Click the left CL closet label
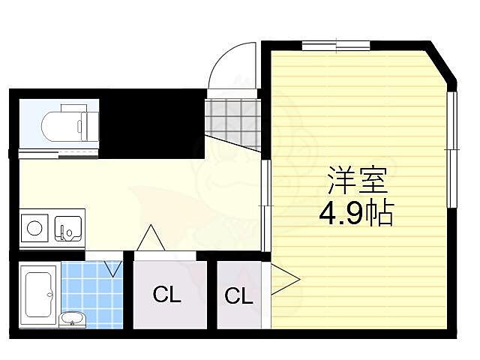click(x=167, y=295)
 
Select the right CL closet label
click(x=238, y=295)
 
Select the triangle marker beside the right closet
click(x=283, y=280)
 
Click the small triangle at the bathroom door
click(x=113, y=267)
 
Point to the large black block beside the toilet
click(x=150, y=124)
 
